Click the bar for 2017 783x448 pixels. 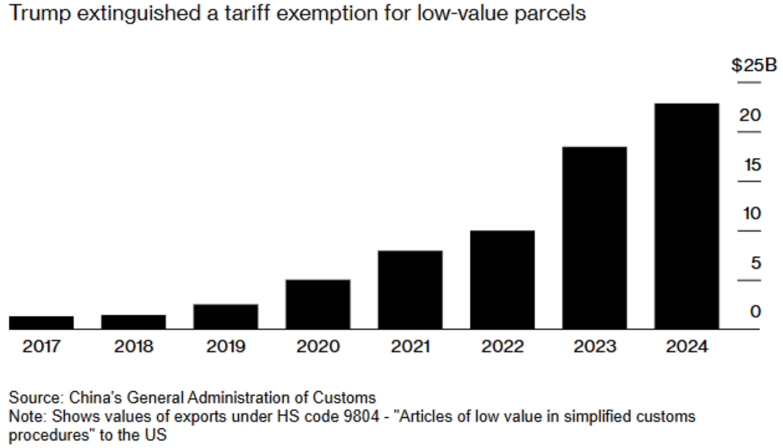pyautogui.click(x=41, y=322)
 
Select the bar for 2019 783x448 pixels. pyautogui.click(x=226, y=316)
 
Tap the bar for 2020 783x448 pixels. pyautogui.click(x=318, y=304)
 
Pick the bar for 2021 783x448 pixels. pyautogui.click(x=410, y=290)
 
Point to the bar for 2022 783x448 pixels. pyautogui.click(x=502, y=280)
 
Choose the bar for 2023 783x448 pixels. pyautogui.click(x=594, y=238)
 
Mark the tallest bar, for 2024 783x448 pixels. pyautogui.click(x=687, y=216)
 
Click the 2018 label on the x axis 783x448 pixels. pyautogui.click(x=133, y=346)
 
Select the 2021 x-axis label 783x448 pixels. pyautogui.click(x=410, y=346)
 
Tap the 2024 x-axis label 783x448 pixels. pyautogui.click(x=687, y=346)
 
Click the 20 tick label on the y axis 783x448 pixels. pyautogui.click(x=750, y=115)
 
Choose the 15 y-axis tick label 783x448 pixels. pyautogui.click(x=750, y=165)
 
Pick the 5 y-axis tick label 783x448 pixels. pyautogui.click(x=756, y=263)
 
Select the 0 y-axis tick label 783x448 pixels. pyautogui.click(x=756, y=312)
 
